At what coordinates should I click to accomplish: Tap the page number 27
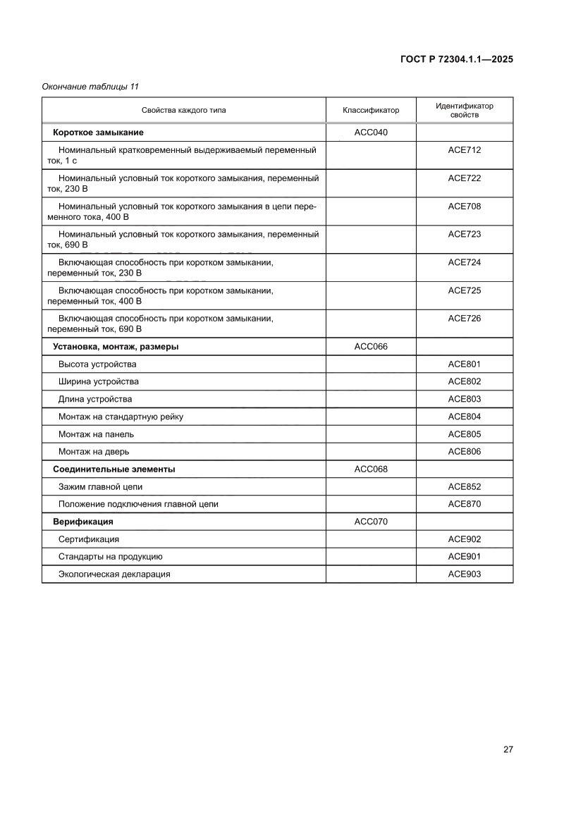click(508, 749)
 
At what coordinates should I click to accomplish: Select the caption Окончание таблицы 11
click(90, 87)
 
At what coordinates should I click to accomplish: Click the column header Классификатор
click(371, 111)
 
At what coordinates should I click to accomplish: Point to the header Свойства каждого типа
click(183, 111)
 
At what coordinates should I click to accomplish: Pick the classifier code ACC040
click(371, 133)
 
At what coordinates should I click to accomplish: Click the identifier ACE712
click(464, 150)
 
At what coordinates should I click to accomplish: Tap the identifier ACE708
click(464, 207)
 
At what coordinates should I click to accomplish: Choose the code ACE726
click(464, 319)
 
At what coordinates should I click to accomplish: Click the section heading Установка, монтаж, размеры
click(116, 347)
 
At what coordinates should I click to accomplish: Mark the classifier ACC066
click(371, 347)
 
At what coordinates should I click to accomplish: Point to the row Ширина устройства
click(99, 382)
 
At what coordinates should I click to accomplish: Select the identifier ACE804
click(464, 417)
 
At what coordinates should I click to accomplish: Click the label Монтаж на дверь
click(94, 452)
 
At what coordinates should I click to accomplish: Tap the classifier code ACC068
click(371, 469)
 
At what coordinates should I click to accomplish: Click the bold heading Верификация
click(83, 522)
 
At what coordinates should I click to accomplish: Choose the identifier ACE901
click(464, 557)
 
